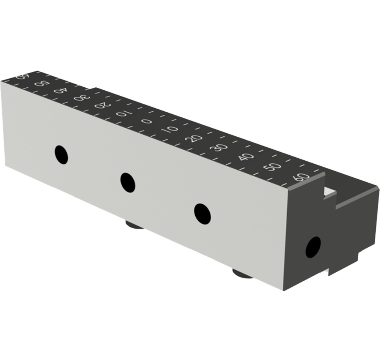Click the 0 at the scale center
point(147,122)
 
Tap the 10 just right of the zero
point(171,129)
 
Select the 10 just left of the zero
point(123,114)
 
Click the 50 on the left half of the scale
point(41,83)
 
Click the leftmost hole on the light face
point(61,155)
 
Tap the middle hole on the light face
point(128,182)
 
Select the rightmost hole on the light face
point(202,213)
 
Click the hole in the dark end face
point(313,247)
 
